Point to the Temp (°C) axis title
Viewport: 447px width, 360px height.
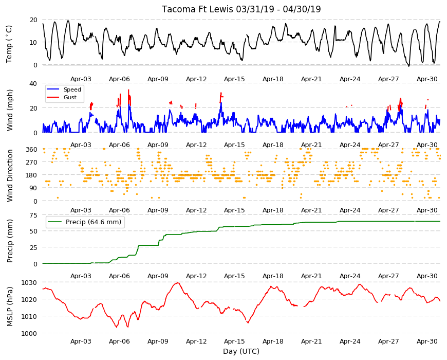pos(9,44)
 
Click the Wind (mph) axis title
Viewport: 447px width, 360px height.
pos(10,110)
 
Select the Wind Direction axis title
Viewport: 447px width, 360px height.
pos(10,175)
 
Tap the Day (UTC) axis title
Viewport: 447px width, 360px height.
pos(241,351)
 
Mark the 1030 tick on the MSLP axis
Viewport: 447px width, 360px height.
pos(29,283)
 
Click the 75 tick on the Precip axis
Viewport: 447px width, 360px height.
pos(33,215)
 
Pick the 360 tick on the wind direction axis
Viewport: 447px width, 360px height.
pos(31,149)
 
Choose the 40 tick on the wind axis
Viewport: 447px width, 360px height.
pos(33,84)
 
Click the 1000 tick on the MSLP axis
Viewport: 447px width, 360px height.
pos(29,333)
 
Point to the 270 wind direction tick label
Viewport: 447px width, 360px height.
pos(31,163)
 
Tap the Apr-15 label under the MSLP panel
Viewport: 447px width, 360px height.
pos(234,341)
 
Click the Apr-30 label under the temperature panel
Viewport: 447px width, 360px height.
pos(427,79)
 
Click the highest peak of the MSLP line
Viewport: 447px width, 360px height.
pos(178,283)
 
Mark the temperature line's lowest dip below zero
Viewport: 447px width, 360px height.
pos(408,66)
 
